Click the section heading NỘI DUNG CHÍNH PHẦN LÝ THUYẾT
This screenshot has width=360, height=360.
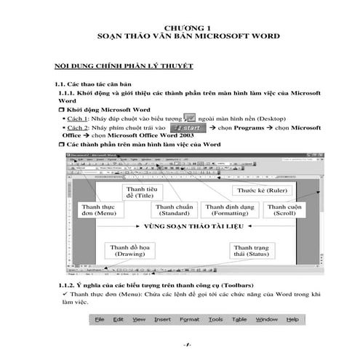point(119,66)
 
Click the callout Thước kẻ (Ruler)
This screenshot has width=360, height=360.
point(259,191)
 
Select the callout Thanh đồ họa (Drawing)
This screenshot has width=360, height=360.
point(129,251)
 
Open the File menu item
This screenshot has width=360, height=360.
point(100,319)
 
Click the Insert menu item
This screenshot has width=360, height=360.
point(162,319)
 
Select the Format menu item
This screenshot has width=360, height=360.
point(189,319)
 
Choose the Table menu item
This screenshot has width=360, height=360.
point(239,319)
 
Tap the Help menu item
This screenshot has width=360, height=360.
point(292,319)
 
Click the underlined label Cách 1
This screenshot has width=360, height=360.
point(79,118)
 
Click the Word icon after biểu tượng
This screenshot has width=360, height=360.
point(190,117)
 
